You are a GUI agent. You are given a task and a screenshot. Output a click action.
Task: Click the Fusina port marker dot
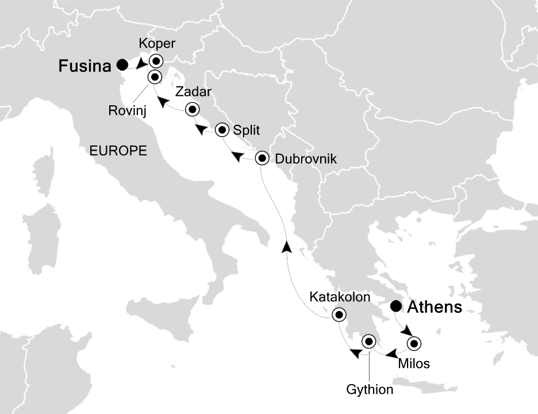(x=122, y=65)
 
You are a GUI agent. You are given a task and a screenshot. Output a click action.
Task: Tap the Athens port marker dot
(x=396, y=306)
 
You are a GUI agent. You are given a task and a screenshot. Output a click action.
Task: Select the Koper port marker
(x=156, y=62)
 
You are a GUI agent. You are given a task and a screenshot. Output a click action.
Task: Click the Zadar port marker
(x=192, y=109)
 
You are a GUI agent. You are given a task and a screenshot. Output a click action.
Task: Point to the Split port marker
(x=222, y=130)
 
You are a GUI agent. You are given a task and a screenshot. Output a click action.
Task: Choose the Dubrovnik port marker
(x=262, y=158)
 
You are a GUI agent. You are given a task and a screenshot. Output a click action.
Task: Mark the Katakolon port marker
(x=339, y=315)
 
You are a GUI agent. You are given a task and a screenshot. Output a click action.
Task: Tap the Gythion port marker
(x=368, y=343)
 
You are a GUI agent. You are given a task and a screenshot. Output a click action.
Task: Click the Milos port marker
(x=413, y=344)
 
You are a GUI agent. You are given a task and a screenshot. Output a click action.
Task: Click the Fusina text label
(x=84, y=67)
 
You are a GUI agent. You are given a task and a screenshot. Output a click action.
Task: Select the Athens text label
(x=434, y=308)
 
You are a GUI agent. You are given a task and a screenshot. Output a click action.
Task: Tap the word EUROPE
(x=118, y=151)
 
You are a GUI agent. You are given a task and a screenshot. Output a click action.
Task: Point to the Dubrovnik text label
(x=305, y=158)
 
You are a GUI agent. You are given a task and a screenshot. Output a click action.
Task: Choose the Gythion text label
(x=370, y=390)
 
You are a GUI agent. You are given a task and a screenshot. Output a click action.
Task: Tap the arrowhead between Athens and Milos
(x=406, y=331)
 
